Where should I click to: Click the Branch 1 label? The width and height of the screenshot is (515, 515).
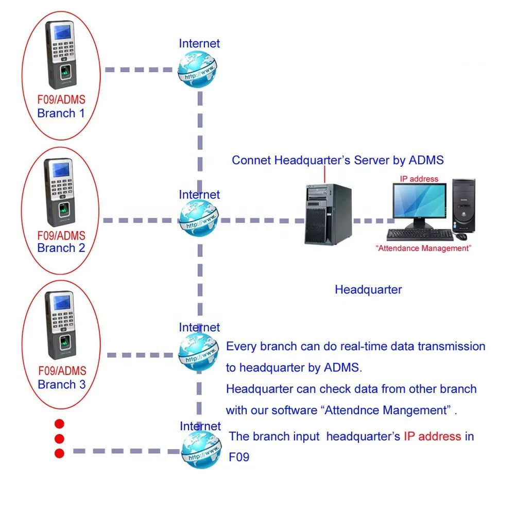tap(61, 113)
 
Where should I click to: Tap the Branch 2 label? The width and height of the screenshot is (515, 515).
tap(61, 248)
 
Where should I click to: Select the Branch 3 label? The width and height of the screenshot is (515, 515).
tap(61, 384)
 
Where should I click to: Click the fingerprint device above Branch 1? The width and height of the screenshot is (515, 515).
tap(64, 54)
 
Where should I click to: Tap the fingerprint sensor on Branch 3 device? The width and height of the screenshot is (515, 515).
tap(63, 341)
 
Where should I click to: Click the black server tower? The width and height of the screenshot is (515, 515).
tap(328, 214)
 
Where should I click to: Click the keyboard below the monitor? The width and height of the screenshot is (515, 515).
tap(420, 235)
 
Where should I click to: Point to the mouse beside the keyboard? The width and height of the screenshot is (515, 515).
tap(461, 236)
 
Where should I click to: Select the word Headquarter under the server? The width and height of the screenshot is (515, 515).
tap(368, 289)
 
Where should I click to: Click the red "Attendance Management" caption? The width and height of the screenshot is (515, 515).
tap(423, 248)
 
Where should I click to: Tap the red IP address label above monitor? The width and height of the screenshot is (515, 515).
tap(419, 179)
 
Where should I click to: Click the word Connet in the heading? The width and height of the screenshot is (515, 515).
tap(251, 160)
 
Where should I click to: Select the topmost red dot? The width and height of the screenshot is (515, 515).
tap(59, 423)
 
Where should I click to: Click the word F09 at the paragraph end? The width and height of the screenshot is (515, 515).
tap(239, 457)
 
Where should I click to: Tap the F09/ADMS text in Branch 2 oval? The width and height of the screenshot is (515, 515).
tap(61, 236)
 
